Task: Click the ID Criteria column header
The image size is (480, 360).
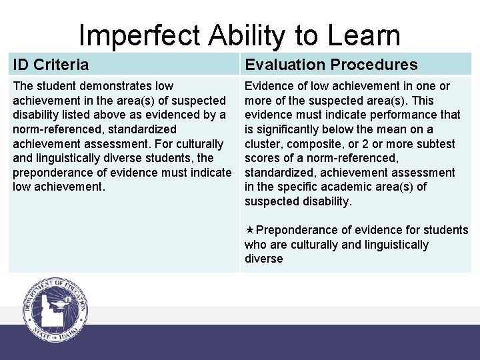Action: point(51,65)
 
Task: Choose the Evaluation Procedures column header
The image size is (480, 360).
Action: point(331,65)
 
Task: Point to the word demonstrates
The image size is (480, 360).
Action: point(119,86)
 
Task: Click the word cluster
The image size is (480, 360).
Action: point(263,144)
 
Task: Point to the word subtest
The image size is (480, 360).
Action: point(437,144)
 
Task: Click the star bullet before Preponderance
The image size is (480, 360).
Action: point(249,230)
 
